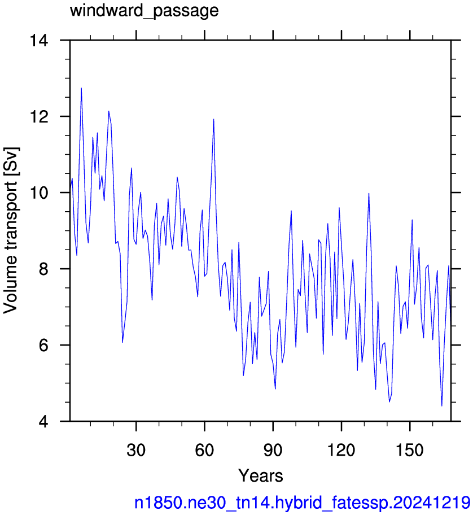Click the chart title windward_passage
click(144, 11)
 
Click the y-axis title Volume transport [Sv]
click(11, 230)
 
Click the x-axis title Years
click(261, 475)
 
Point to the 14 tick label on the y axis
click(39, 41)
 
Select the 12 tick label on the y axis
click(39, 116)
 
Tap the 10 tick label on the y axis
click(39, 193)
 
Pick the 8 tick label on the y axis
click(43, 269)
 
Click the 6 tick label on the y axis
click(43, 345)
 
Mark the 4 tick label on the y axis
click(43, 421)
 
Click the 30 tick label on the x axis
click(136, 449)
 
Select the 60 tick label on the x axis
click(204, 449)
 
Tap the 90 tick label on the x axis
click(273, 449)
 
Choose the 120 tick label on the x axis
click(341, 449)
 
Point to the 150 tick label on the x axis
click(410, 449)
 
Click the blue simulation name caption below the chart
click(303, 503)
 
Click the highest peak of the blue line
click(81, 88)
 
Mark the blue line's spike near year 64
click(214, 119)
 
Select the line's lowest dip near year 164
click(442, 406)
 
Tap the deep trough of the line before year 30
click(122, 343)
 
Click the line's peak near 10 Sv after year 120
click(369, 194)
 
